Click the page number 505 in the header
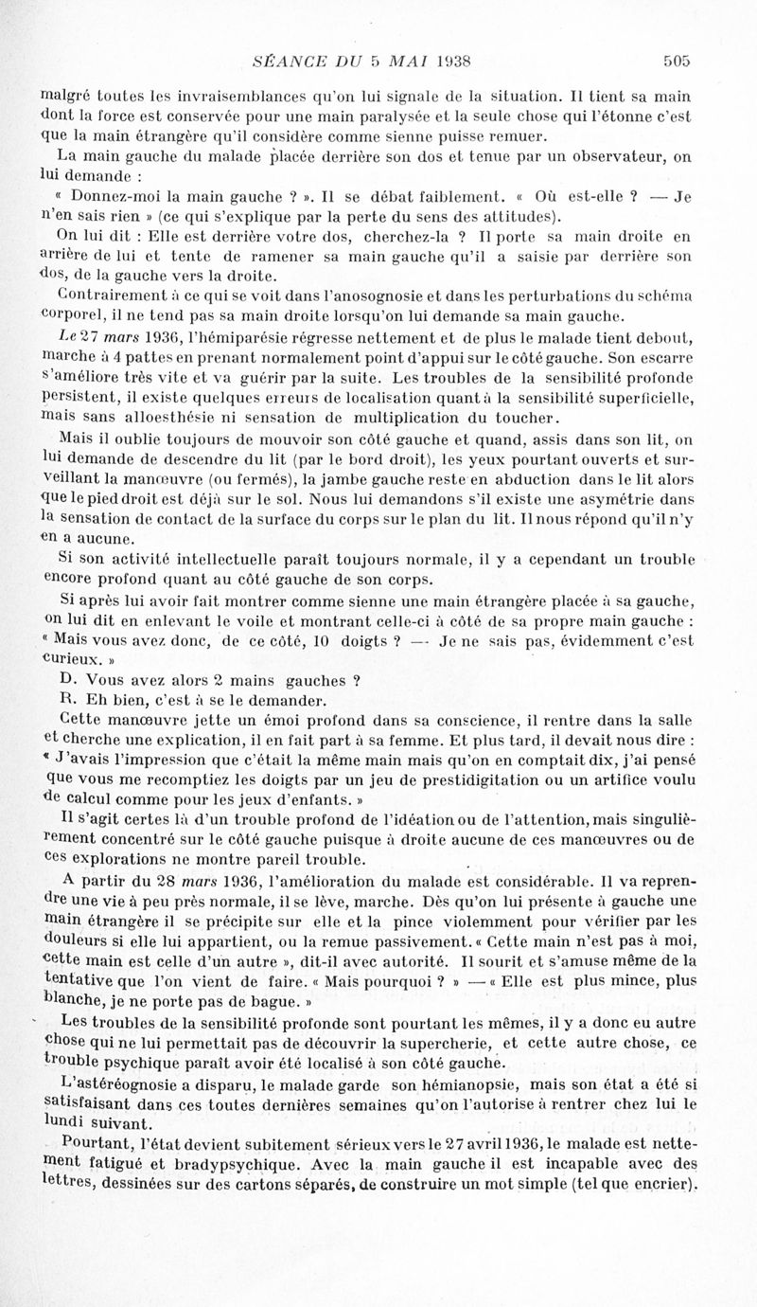[677, 61]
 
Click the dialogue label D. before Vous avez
[66, 679]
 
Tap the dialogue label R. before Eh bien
[66, 700]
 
